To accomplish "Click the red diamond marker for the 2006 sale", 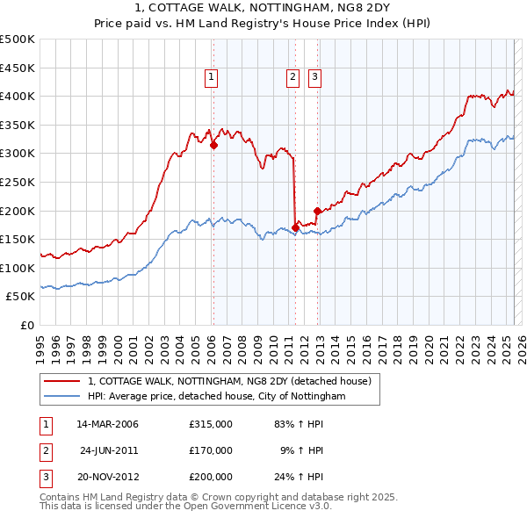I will click(213, 146).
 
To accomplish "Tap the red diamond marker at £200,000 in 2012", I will click(317, 211).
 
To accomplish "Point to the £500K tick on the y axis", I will click(18, 40).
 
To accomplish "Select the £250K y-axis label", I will click(18, 182).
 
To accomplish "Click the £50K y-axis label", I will click(21, 297).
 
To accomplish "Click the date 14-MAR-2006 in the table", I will click(108, 424).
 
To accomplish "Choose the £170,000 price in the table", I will click(211, 450).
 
